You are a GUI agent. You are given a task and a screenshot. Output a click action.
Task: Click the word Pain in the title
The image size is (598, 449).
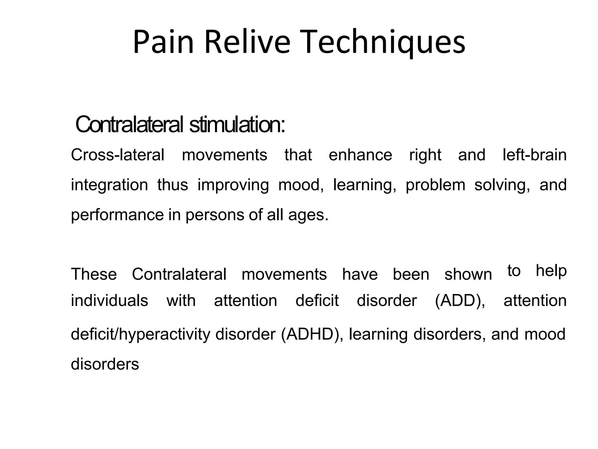(163, 42)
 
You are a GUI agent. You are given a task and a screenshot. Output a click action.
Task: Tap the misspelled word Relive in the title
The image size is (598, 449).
(247, 42)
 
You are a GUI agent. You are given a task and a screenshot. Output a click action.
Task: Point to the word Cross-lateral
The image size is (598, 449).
(117, 155)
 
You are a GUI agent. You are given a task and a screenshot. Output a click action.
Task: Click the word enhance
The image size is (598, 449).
(360, 155)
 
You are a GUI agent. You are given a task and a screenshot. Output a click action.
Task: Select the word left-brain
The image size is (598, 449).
(534, 155)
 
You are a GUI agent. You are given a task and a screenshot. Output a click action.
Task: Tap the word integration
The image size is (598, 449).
(109, 185)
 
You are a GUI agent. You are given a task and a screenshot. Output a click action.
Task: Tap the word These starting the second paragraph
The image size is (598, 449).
(94, 274)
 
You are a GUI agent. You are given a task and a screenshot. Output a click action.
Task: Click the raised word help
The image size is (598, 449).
(551, 271)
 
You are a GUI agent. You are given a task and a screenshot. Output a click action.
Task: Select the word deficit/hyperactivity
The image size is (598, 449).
(140, 334)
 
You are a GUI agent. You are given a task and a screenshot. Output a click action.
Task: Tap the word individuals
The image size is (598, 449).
(109, 301)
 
